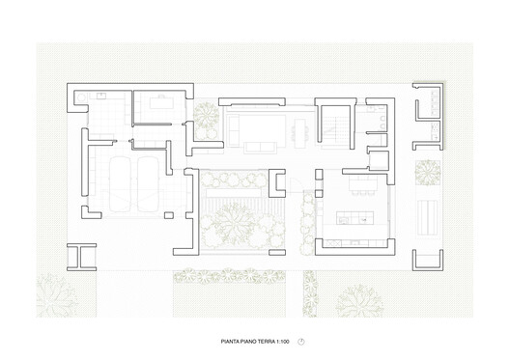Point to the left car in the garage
tap(119, 183)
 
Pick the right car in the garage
tap(147, 183)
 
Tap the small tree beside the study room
tap(206, 115)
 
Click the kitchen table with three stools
tap(363, 180)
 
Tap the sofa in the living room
tap(255, 125)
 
